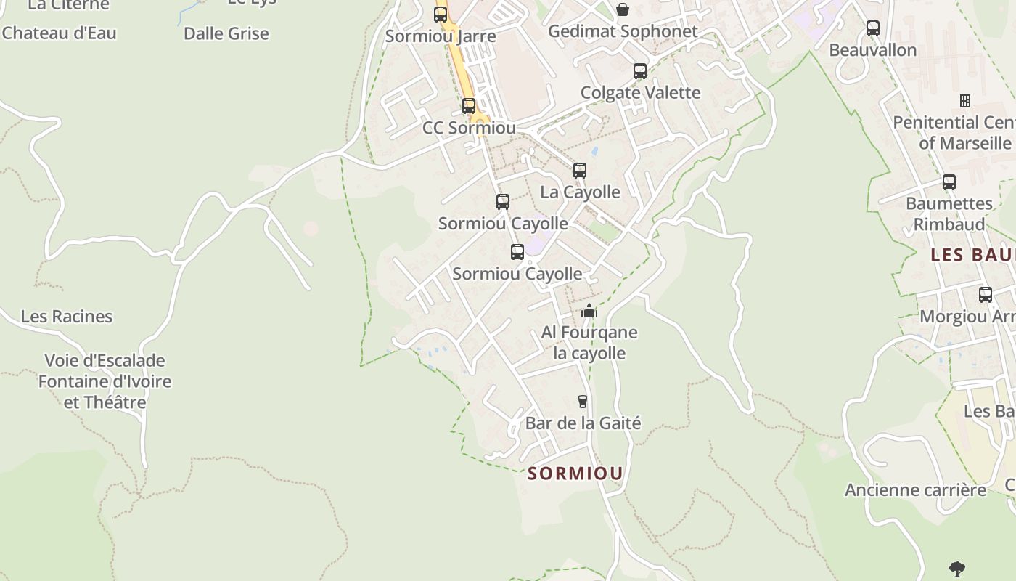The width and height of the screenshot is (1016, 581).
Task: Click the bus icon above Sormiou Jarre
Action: (x=441, y=14)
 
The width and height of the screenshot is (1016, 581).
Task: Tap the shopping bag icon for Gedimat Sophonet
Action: (x=622, y=9)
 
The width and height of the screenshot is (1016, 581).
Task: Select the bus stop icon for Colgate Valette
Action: (x=639, y=70)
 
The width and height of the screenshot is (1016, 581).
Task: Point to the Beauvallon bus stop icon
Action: (x=872, y=28)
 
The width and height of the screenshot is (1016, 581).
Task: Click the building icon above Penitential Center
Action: (x=965, y=100)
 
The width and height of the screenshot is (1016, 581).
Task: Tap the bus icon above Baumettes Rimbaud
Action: (x=949, y=182)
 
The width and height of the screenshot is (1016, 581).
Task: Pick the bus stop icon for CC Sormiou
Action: (x=469, y=106)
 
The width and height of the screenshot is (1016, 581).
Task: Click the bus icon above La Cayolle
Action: (x=579, y=171)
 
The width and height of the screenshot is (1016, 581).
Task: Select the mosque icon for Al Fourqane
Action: (x=589, y=311)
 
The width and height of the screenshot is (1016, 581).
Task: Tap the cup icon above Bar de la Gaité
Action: (x=582, y=401)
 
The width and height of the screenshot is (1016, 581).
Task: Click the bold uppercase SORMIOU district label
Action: (x=575, y=474)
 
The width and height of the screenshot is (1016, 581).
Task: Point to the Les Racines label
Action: (x=67, y=317)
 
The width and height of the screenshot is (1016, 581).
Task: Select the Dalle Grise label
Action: (x=226, y=33)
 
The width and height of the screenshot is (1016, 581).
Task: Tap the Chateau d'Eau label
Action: (x=59, y=33)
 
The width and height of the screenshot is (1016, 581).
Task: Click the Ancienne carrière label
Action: (x=915, y=490)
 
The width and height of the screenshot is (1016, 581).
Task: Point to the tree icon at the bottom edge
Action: (x=957, y=569)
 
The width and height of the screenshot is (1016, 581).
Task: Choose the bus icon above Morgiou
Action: (x=985, y=295)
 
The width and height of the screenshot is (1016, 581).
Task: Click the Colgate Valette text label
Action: (x=640, y=92)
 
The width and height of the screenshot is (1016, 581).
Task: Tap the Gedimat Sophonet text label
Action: (x=622, y=31)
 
